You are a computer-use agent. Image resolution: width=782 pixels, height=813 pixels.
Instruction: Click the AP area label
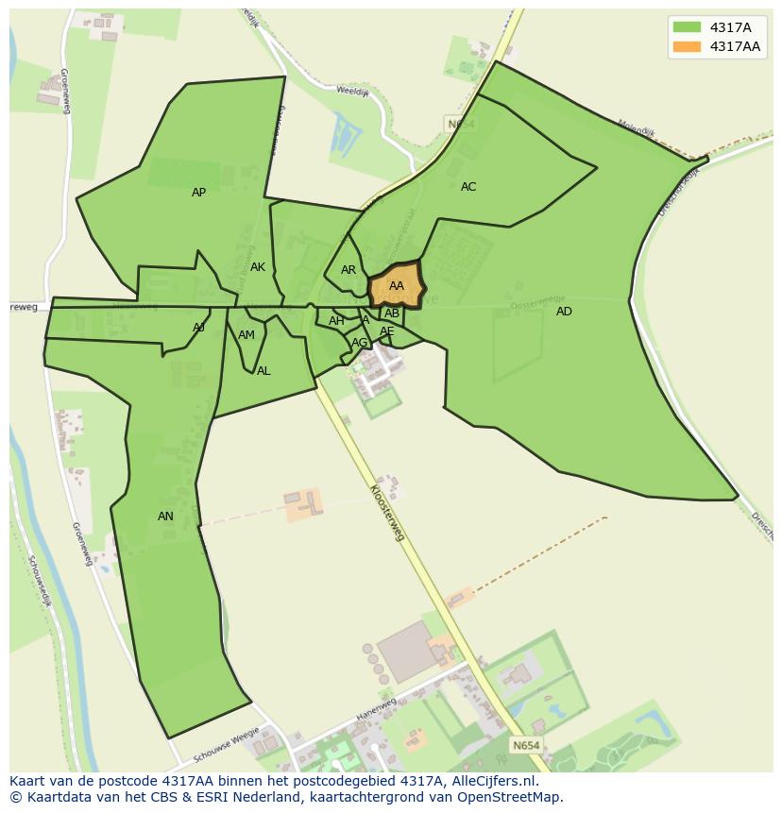pos(198,193)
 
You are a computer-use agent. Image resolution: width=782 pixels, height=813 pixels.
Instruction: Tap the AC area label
pos(468,187)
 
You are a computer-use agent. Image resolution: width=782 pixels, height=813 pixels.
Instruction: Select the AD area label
pos(564,312)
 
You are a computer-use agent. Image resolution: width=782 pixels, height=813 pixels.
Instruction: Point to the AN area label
pos(165,517)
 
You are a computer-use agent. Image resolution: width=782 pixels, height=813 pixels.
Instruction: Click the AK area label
pos(258,267)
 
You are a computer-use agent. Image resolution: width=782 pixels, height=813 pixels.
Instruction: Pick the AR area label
pos(348,270)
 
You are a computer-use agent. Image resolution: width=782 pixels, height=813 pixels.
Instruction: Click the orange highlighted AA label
pos(397,286)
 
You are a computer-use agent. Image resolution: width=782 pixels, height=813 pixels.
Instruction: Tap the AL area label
pos(263,371)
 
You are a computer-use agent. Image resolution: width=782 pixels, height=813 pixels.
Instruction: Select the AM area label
pos(246,335)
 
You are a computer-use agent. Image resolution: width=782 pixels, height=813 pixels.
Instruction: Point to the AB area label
pos(392,313)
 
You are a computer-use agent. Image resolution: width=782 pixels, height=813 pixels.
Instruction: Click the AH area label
pos(336,321)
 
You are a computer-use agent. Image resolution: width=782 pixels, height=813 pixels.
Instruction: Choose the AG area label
pos(359,343)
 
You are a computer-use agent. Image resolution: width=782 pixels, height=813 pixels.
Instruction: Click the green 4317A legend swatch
pos(687,27)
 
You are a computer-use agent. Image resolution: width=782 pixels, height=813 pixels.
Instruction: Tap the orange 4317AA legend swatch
pos(687,46)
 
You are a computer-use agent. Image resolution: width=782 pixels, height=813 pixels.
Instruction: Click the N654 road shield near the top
pos(461,124)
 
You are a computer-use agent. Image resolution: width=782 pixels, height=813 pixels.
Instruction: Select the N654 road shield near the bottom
pos(526,745)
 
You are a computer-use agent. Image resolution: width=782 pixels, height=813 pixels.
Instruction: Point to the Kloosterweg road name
pos(387,513)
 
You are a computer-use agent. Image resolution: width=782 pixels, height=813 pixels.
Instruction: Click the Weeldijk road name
pos(351,92)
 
